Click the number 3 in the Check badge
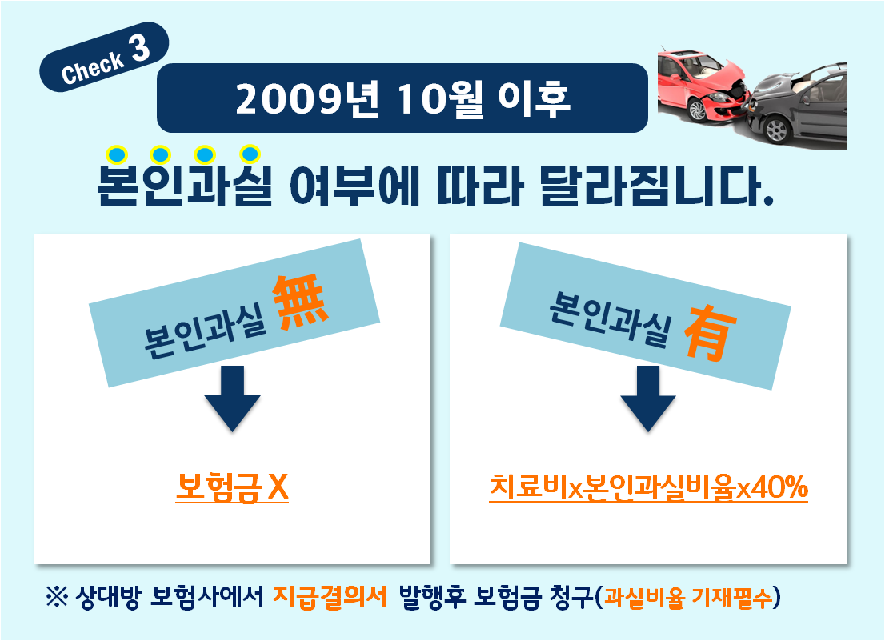141,48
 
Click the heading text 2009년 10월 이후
402,99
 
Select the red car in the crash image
703,85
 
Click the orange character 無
300,302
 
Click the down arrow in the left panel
233,399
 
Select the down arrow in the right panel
648,399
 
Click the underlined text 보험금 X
232,487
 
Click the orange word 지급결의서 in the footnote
330,596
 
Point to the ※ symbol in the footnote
57,597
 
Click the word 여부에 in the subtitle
354,185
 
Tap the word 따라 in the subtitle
480,185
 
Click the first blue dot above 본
117,154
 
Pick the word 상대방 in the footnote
107,597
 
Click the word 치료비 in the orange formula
528,487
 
